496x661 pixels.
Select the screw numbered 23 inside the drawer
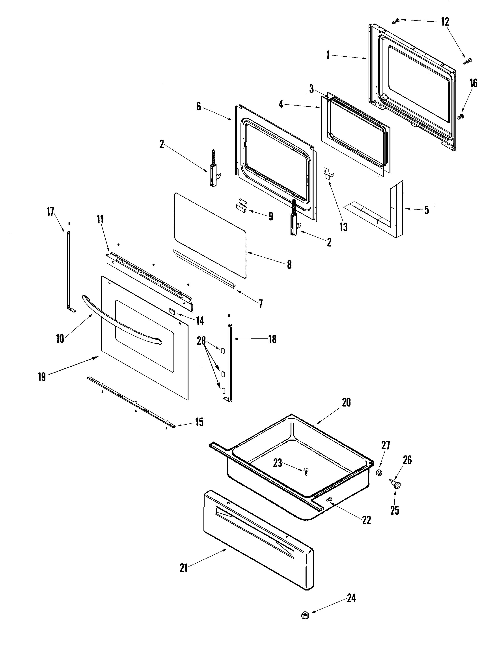click(306, 472)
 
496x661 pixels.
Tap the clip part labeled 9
click(241, 206)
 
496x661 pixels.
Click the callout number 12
click(445, 22)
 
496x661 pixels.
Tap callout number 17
click(50, 212)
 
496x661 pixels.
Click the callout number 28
click(201, 340)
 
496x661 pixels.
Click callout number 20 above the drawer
click(346, 403)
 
